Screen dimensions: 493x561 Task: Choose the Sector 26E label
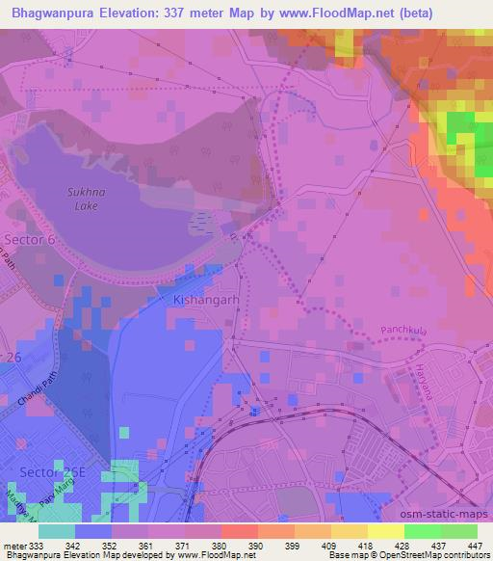coord(51,472)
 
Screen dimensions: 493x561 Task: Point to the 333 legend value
coord(33,545)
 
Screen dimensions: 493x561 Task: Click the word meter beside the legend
coord(13,545)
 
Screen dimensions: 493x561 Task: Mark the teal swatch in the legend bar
coord(56,531)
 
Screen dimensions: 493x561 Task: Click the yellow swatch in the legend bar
coord(386,531)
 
